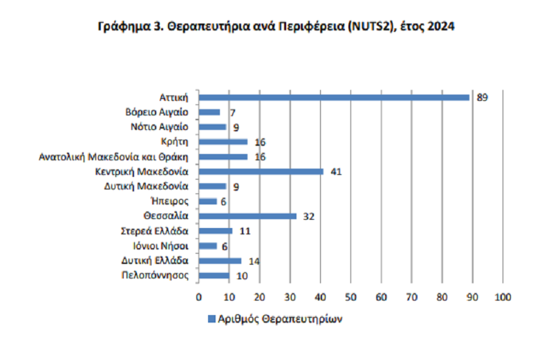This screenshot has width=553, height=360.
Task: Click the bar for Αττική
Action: pyautogui.click(x=334, y=97)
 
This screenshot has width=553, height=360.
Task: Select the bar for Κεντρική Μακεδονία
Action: pyautogui.click(x=261, y=171)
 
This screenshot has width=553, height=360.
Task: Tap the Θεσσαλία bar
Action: pyautogui.click(x=247, y=216)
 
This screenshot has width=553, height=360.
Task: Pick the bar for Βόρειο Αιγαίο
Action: pyautogui.click(x=209, y=112)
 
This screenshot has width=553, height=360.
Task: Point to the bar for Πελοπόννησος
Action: pyautogui.click(x=214, y=276)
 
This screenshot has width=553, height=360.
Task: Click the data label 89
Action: pyautogui.click(x=482, y=97)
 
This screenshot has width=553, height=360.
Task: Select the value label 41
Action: pyautogui.click(x=337, y=171)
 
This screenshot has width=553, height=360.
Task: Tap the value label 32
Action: pyautogui.click(x=309, y=216)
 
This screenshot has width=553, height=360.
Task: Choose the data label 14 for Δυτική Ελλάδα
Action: pyautogui.click(x=254, y=260)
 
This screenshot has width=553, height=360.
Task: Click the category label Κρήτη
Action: pyautogui.click(x=177, y=142)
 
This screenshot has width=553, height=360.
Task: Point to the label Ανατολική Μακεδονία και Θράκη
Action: pyautogui.click(x=114, y=157)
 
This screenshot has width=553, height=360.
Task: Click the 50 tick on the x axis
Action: pyautogui.click(x=350, y=297)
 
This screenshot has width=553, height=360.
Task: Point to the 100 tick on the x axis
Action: pyautogui.click(x=502, y=297)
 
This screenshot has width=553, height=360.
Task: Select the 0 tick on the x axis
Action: pyautogui.click(x=199, y=297)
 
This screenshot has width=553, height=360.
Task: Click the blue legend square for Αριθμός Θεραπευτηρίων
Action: pyautogui.click(x=211, y=320)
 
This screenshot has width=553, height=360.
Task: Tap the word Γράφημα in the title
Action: pyautogui.click(x=122, y=28)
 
